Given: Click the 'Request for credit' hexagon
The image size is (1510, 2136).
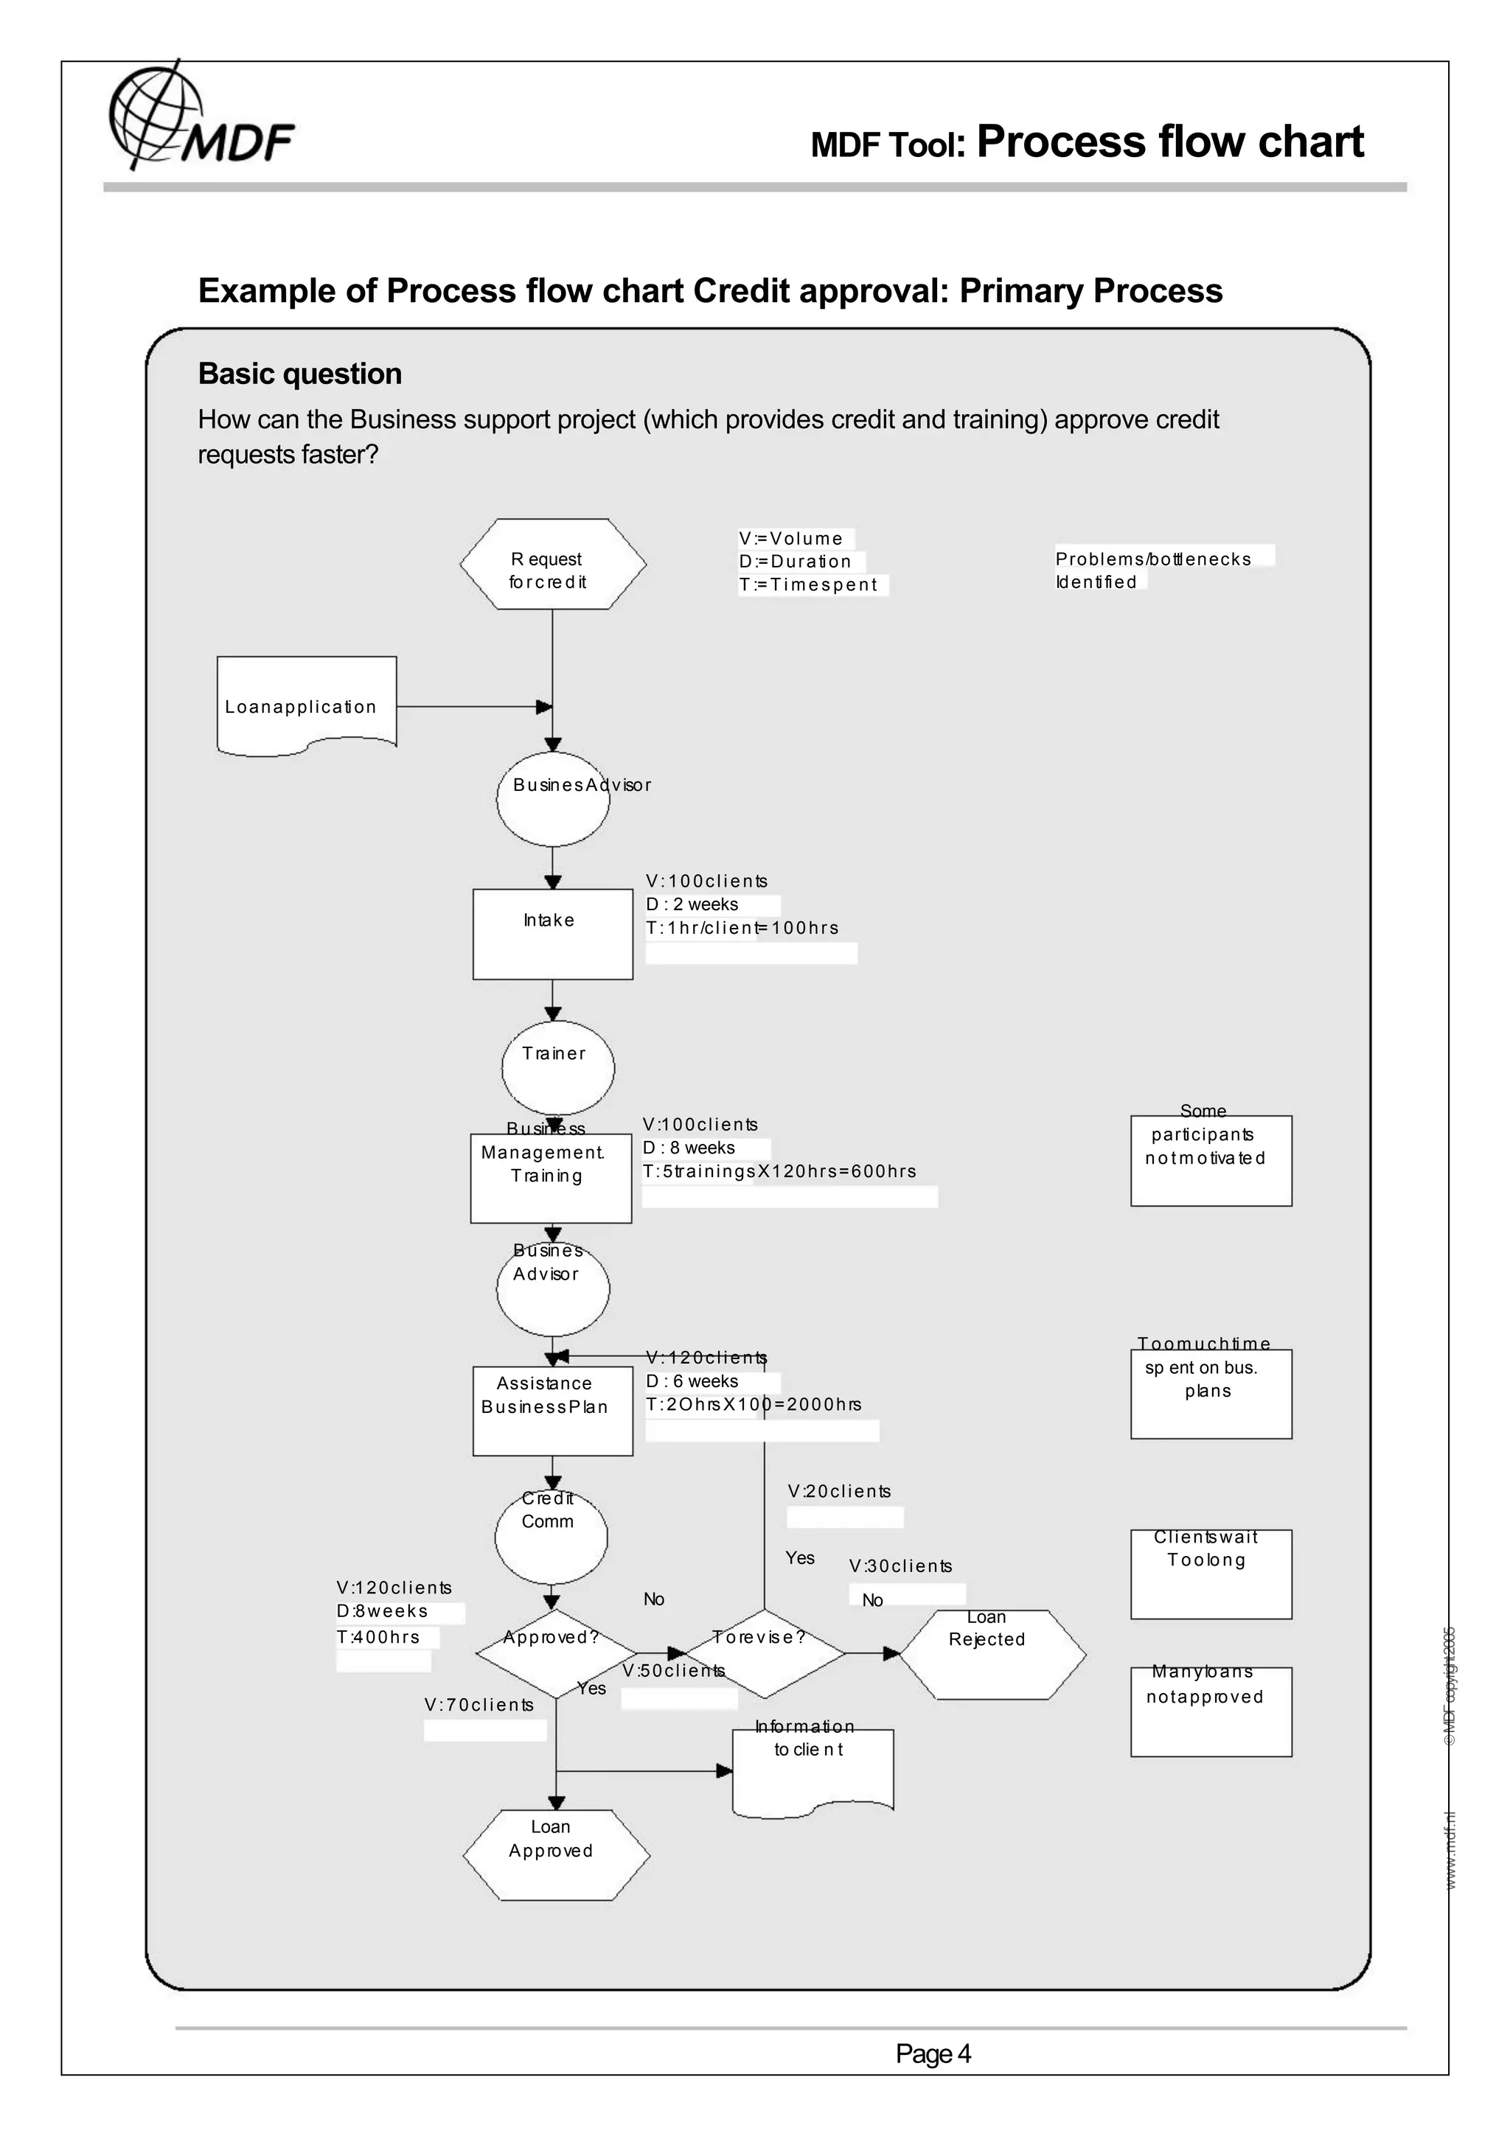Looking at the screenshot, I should pos(553,565).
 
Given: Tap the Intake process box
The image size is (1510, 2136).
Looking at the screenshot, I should pos(553,933).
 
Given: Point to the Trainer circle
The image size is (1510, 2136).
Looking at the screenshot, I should pos(557,1068).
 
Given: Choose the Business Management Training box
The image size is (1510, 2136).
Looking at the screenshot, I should pos(551,1178).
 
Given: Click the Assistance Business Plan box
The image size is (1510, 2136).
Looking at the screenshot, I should pos(553,1410).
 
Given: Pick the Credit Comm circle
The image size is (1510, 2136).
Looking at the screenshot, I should pos(551,1538).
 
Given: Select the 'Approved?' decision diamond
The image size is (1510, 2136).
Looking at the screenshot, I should pos(555,1653).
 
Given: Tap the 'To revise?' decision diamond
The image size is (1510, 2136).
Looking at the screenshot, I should pos(764,1653).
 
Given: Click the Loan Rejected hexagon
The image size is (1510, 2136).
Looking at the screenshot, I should pos(992,1654).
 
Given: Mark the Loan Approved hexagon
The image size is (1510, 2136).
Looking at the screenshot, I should pos(555,1854).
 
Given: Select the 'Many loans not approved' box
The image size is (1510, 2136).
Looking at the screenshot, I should pos(1211,1711).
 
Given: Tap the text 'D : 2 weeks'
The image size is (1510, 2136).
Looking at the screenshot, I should pos(692,904).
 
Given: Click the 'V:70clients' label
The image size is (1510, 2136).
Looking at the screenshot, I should pos(479,1704).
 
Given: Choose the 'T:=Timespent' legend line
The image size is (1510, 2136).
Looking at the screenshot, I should pos(807,584).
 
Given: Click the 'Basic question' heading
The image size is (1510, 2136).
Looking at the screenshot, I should pos(299,374).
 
